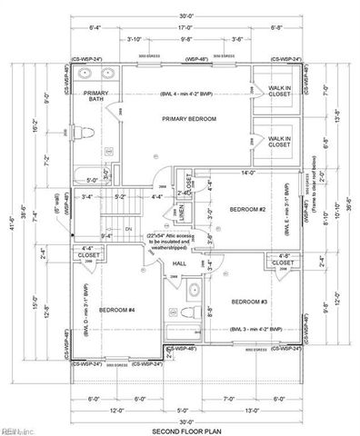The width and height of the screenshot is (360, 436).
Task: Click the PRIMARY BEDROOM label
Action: coord(188,119)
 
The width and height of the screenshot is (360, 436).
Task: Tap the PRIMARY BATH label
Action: coord(95,96)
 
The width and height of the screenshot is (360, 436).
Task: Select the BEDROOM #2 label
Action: coord(246,210)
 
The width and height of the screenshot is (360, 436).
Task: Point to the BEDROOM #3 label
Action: coord(248,302)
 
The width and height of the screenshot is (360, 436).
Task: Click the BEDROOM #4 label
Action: coord(116,309)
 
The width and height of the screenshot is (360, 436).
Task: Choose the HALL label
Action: coord(179,264)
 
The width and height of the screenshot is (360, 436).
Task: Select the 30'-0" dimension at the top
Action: coord(186,16)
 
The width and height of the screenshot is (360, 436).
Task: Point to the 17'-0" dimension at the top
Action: coord(186,27)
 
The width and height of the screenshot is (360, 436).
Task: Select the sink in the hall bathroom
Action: coord(192,290)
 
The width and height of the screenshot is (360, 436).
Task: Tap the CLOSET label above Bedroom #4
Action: coord(89,256)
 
